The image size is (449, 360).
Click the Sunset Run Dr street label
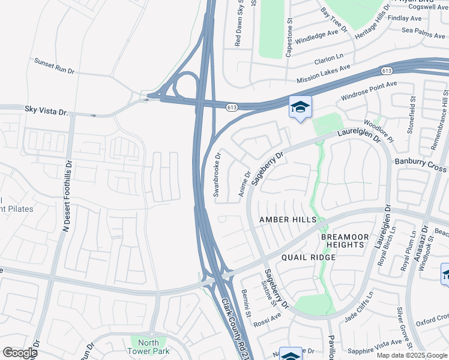(54, 66)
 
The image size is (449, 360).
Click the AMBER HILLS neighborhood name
(288, 220)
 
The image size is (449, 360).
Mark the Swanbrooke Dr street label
(217, 175)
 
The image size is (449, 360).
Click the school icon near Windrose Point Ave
(300, 107)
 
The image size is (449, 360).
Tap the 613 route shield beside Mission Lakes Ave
(387, 71)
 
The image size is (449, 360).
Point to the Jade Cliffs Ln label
(358, 308)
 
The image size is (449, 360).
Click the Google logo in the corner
(20, 352)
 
